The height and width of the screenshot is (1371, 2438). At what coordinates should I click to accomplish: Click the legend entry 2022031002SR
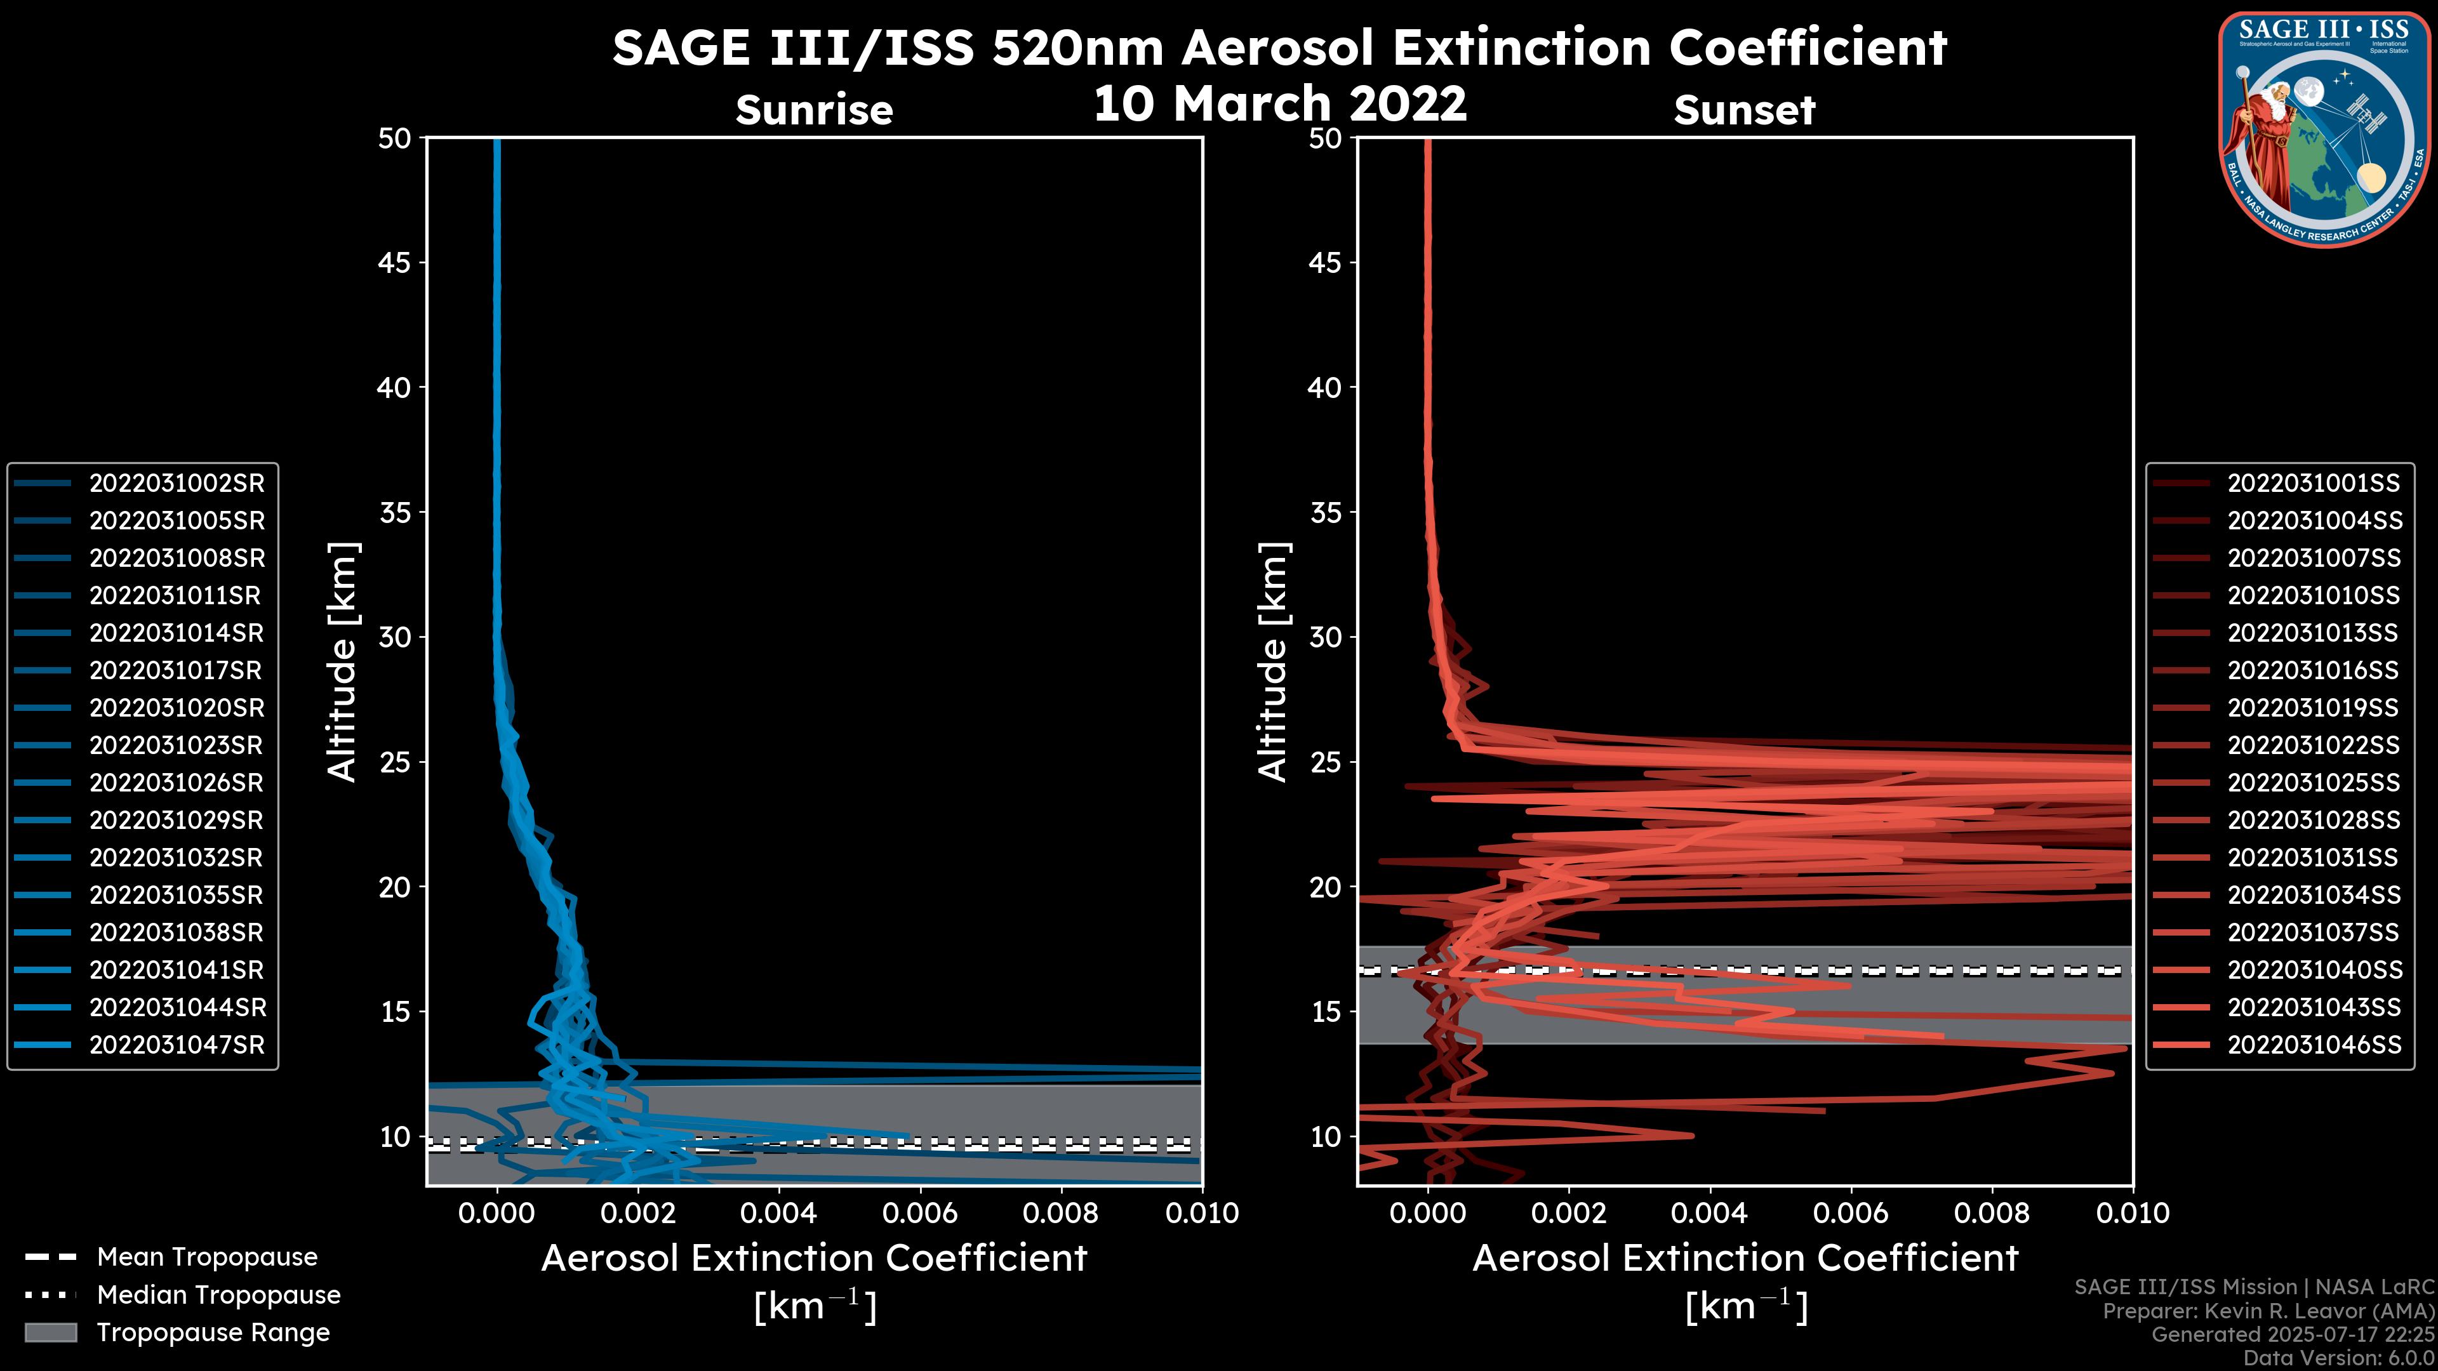pos(176,484)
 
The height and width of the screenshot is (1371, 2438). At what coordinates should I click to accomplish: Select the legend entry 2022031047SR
pos(176,1045)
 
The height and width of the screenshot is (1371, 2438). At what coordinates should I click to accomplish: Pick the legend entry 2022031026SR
pos(176,783)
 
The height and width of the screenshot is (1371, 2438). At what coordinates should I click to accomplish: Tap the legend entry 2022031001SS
pos(2313,484)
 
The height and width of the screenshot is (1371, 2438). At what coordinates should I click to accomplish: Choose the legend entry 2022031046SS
pos(2313,1045)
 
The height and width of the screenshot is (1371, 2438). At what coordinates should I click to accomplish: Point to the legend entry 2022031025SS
pos(2313,783)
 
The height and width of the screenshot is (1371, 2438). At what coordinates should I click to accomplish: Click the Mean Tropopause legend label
pos(206,1257)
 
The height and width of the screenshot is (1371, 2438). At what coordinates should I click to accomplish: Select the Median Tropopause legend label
pos(218,1295)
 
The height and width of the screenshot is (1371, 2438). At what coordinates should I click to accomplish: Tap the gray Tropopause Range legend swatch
pos(50,1333)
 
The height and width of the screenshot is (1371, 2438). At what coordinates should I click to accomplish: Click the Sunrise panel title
pos(814,110)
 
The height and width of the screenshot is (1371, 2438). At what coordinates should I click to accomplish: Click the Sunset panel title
pos(1744,110)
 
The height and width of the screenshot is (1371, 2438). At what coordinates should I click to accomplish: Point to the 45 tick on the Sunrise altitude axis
pos(396,263)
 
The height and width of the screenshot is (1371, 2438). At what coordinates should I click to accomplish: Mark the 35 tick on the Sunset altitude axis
pos(1326,513)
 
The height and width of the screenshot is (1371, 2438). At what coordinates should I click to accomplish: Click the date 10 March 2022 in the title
pos(1279,103)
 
